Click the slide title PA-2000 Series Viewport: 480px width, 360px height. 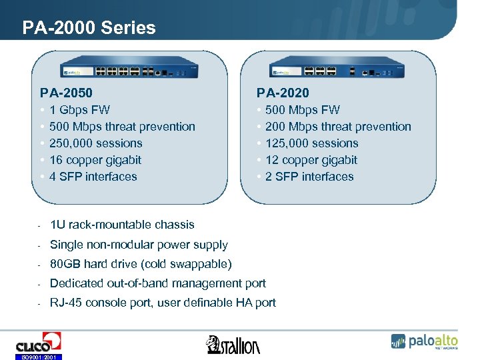pyautogui.click(x=89, y=28)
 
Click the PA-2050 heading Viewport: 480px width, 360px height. pyautogui.click(x=66, y=93)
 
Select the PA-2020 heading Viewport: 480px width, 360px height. pyautogui.click(x=283, y=93)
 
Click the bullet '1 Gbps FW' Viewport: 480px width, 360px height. pyautogui.click(x=79, y=110)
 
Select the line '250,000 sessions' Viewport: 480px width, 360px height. pyautogui.click(x=95, y=143)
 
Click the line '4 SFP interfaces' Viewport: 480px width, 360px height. pyautogui.click(x=93, y=177)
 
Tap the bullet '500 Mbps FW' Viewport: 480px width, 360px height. pyautogui.click(x=302, y=110)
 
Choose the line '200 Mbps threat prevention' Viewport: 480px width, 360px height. pyautogui.click(x=338, y=127)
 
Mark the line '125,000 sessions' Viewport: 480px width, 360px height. pyautogui.click(x=311, y=143)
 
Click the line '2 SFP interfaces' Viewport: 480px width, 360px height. pyautogui.click(x=309, y=177)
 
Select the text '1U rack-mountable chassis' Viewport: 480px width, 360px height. pyautogui.click(x=122, y=225)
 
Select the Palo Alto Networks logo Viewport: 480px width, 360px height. pyautogui.click(x=424, y=341)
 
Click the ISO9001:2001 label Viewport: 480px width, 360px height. pyautogui.click(x=38, y=357)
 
